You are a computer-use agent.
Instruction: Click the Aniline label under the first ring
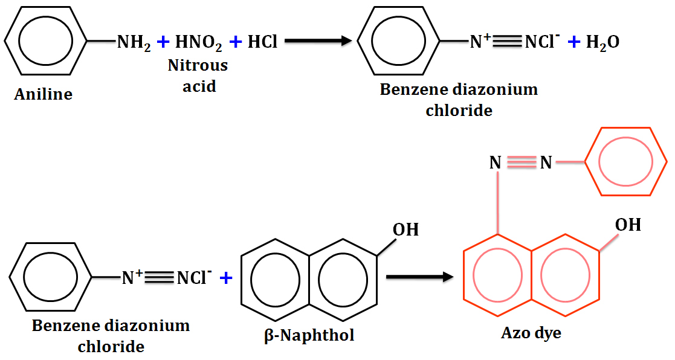coord(43,94)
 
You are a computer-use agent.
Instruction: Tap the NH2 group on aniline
coord(134,42)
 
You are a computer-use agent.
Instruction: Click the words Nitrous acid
coord(198,75)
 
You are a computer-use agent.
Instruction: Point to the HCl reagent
coord(262,42)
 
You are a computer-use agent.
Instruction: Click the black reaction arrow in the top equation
coord(318,41)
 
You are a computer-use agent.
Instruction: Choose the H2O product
coord(602,42)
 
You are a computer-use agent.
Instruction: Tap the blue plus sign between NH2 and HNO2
coord(162,42)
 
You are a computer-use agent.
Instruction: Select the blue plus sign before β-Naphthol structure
coord(226,278)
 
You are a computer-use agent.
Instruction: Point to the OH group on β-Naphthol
coord(405,230)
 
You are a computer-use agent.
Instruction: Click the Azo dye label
coord(531,333)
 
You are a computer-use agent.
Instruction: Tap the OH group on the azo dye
coord(628,225)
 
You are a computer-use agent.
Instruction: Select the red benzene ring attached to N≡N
coord(624,162)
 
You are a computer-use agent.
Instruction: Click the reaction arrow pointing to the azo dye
coord(419,277)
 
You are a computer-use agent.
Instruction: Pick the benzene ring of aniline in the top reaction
coord(46,42)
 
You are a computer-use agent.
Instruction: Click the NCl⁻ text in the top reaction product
coord(542,42)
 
